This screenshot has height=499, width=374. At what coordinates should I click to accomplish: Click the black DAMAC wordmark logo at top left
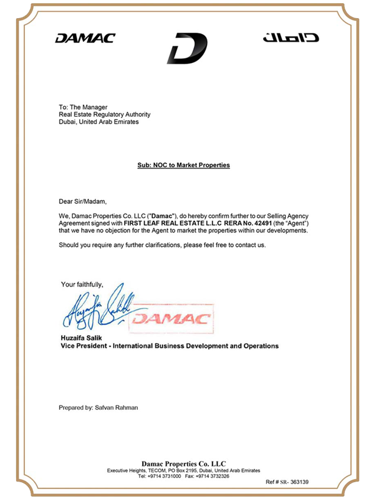pyautogui.click(x=85, y=39)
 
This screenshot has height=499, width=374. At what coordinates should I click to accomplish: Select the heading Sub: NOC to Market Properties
pyautogui.click(x=184, y=165)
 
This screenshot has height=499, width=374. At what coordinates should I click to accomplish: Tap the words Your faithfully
pyautogui.click(x=86, y=284)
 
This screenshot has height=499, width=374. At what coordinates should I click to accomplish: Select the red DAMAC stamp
pyautogui.click(x=173, y=319)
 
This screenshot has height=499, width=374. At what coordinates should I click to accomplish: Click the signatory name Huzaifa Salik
pyautogui.click(x=79, y=337)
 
